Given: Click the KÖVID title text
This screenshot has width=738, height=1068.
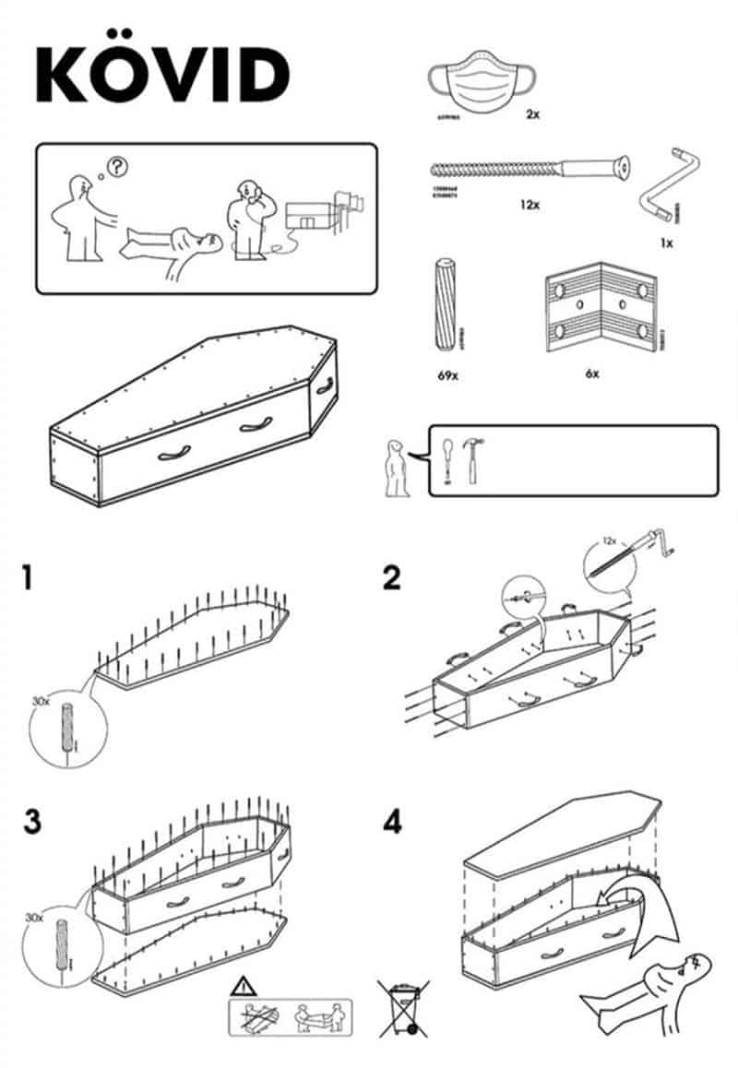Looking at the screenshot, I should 162,73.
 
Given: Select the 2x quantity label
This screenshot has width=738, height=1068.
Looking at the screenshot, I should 531,114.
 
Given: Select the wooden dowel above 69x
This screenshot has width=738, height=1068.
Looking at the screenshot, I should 442,305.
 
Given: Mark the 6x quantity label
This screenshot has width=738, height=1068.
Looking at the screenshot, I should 590,374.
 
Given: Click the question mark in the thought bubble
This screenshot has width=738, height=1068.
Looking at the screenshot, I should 118,167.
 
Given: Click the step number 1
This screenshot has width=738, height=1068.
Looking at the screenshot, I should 30,578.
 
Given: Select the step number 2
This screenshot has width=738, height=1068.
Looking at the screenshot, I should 392,578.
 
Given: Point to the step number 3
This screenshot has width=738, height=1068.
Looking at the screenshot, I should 32,821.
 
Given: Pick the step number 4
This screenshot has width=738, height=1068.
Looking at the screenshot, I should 393,821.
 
